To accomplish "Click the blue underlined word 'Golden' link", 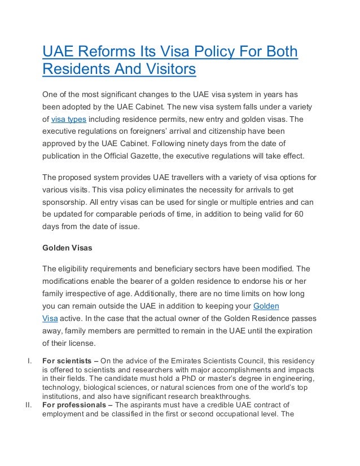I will [266, 306].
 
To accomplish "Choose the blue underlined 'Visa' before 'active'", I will [50, 319].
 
